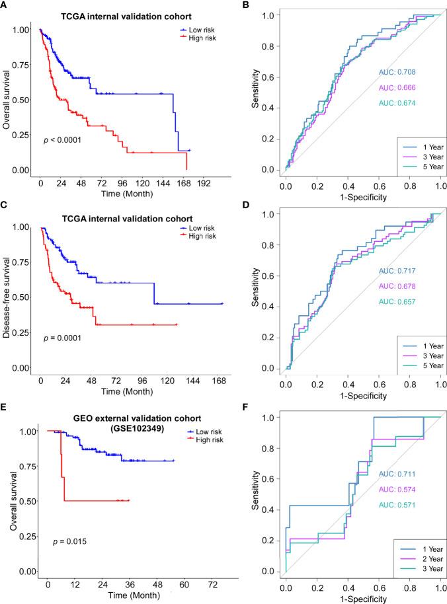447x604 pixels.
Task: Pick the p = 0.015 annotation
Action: (x=69, y=542)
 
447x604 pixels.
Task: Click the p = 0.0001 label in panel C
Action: (x=63, y=338)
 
